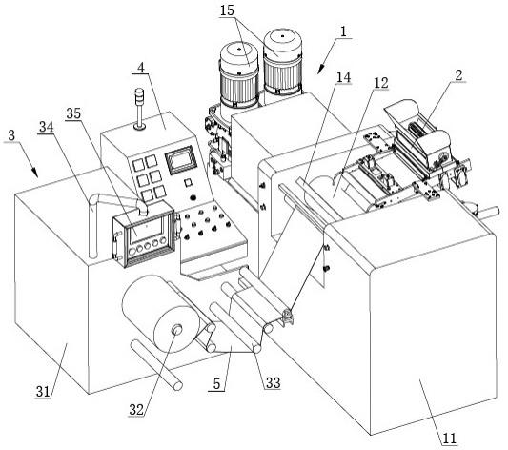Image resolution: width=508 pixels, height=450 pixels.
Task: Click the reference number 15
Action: pos(227,10)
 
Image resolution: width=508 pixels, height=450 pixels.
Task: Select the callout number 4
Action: pos(141,68)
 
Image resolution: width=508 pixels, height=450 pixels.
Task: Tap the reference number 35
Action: pos(73,113)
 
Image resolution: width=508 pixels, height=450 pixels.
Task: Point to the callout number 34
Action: pos(47,127)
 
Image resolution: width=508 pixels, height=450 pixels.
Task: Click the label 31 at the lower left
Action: pos(43,392)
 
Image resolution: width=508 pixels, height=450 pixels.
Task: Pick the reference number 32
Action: pos(136,410)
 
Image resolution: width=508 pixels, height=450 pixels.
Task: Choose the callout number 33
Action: pos(273,383)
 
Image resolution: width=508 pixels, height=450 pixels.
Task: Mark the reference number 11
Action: pos(449,439)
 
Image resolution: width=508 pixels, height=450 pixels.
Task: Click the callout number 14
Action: pos(343,77)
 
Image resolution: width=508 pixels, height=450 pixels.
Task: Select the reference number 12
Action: pos(381,83)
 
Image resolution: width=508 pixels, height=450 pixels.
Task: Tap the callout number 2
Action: pos(458,75)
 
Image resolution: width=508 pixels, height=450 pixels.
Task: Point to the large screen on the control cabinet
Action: pos(181,159)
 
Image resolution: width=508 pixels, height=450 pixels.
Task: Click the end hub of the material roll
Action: pos(176,329)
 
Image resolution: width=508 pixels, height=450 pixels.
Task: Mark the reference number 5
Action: pos(216,384)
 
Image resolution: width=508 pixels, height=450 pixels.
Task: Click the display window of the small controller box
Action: pos(146,231)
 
